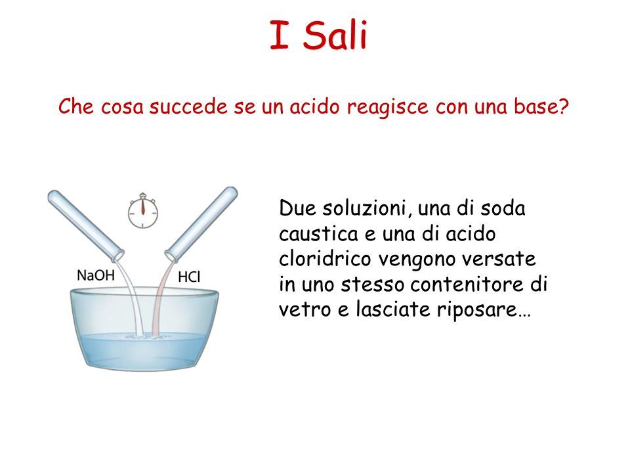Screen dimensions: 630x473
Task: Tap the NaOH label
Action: pos(96,275)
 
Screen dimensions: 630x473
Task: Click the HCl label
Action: pos(189,277)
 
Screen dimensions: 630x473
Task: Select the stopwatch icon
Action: pos(143,211)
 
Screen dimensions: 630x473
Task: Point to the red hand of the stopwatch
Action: pos(143,207)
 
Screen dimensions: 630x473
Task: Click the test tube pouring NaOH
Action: pos(86,225)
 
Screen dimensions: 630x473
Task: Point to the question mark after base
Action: pos(563,106)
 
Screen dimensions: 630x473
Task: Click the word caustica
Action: pos(319,234)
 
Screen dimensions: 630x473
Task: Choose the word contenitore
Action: pos(467,284)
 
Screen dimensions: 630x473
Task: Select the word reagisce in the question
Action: pos(388,107)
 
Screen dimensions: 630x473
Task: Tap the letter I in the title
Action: pos(280,35)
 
